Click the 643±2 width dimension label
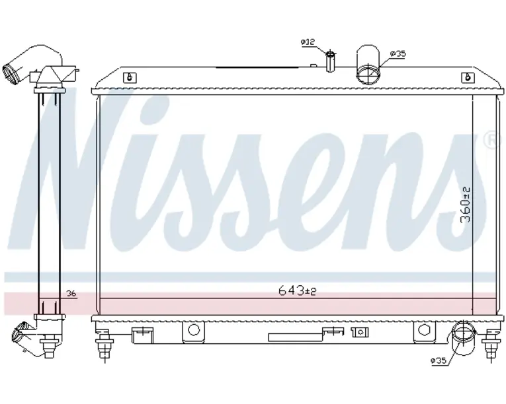pos(297,291)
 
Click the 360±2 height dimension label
pos(466,205)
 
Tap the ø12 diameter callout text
pos(308,42)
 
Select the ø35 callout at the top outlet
pos(398,53)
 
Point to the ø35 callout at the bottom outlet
pos(439,360)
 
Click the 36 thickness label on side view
pos(71,294)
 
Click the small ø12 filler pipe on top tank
pos(330,61)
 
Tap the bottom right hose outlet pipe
pos(464,337)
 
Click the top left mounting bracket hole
pos(130,78)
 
